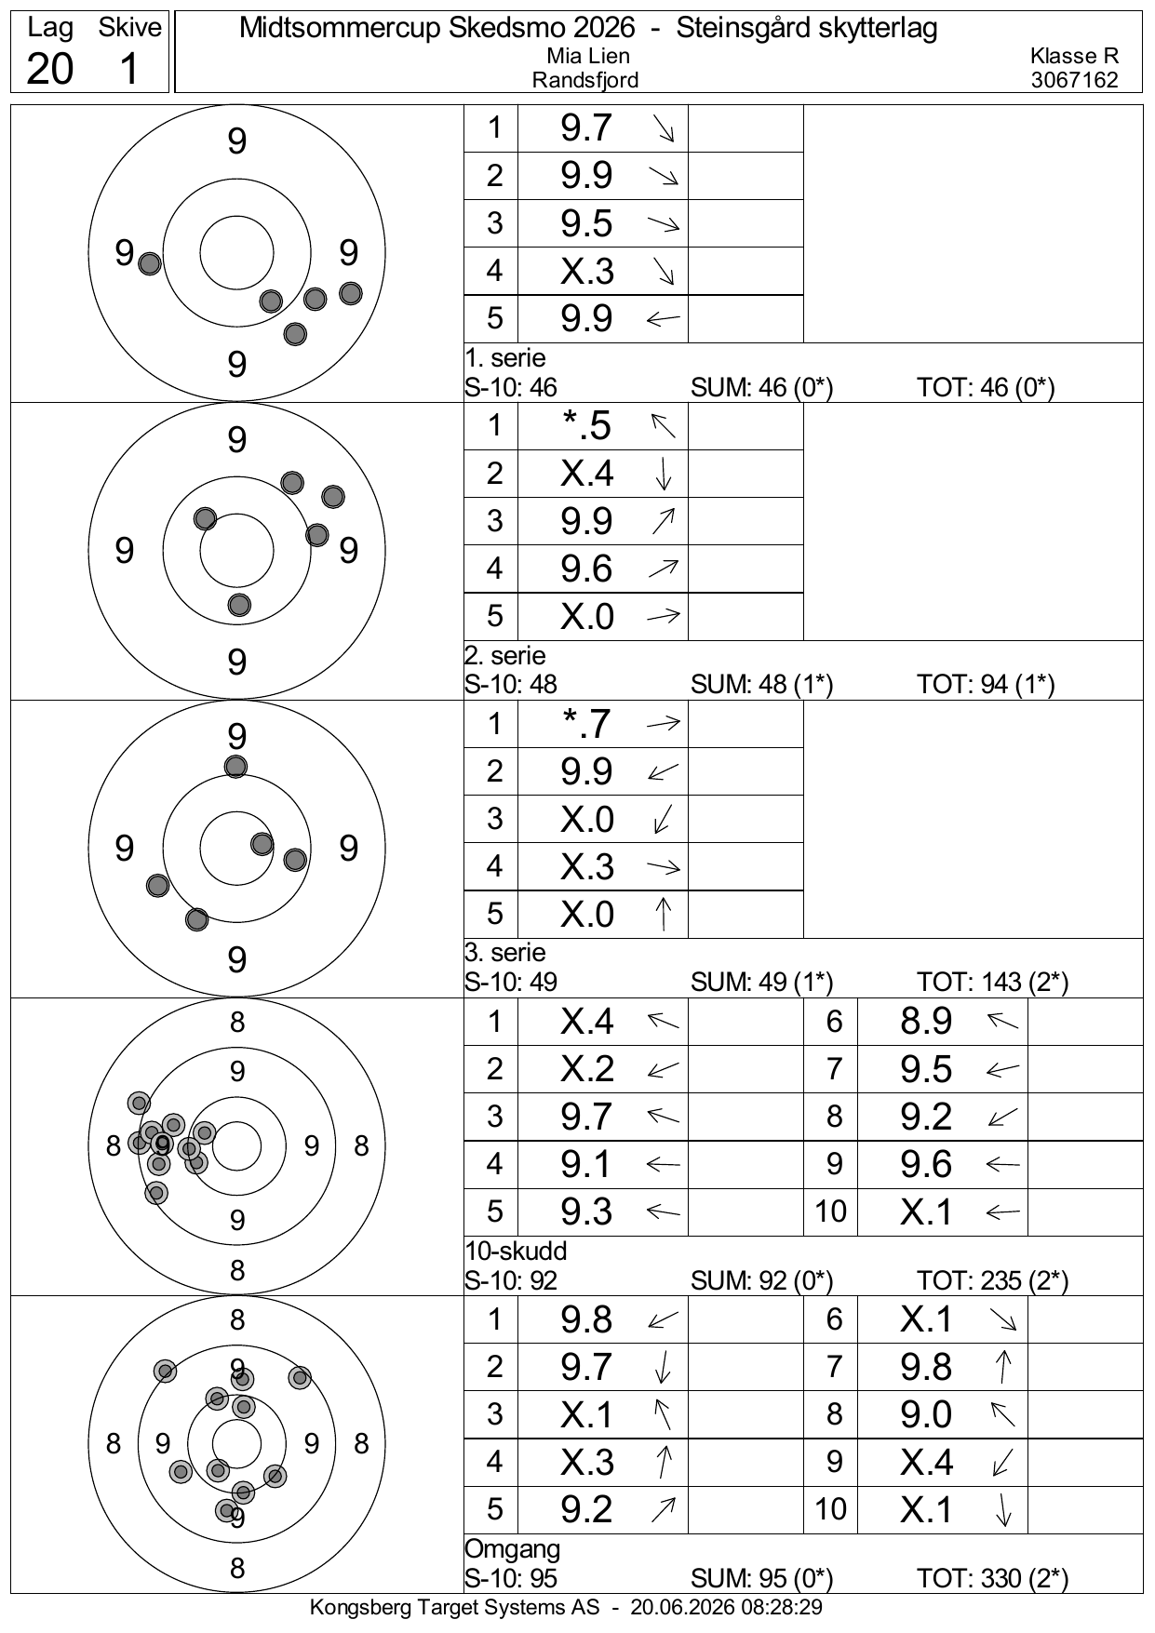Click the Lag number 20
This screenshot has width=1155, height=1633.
[x=49, y=68]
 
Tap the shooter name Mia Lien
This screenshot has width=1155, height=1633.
[x=587, y=57]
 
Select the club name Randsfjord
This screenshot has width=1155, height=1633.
[x=585, y=80]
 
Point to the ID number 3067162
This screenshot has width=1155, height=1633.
[x=1074, y=80]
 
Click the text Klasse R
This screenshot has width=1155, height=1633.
[x=1074, y=57]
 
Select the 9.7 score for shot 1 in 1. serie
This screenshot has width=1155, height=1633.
[x=586, y=128]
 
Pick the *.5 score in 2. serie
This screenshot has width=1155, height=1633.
[x=586, y=426]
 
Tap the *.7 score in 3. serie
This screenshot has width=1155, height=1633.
[x=586, y=724]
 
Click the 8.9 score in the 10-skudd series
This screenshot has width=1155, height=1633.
[x=926, y=1022]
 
